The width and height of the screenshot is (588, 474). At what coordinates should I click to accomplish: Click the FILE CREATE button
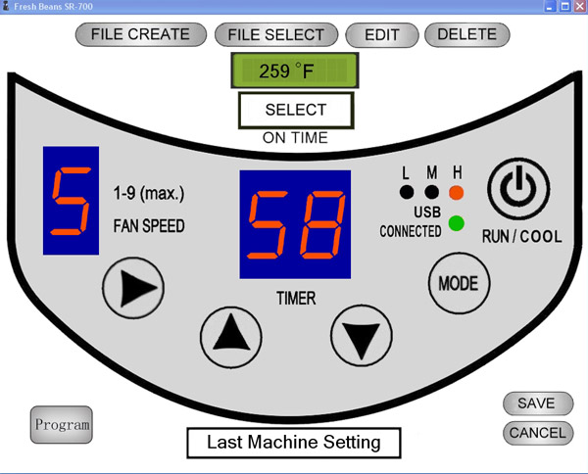pyautogui.click(x=140, y=34)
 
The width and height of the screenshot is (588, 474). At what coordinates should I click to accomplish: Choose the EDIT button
pyautogui.click(x=382, y=35)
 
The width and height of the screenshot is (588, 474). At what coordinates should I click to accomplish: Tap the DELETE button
pyautogui.click(x=466, y=34)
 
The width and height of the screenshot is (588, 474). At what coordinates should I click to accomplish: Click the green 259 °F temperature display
pyautogui.click(x=295, y=71)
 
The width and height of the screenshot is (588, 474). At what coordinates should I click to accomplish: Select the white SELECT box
pyautogui.click(x=296, y=110)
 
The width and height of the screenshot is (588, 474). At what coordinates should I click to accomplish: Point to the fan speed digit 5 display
pyautogui.click(x=71, y=201)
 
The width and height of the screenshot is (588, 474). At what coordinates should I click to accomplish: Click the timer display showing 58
pyautogui.click(x=295, y=224)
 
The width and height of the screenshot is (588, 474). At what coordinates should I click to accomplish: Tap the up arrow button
pyautogui.click(x=231, y=337)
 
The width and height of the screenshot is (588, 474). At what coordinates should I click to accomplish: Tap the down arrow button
pyautogui.click(x=362, y=335)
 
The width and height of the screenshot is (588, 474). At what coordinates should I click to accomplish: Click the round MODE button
pyautogui.click(x=459, y=283)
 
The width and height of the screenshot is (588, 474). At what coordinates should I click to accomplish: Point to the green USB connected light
pyautogui.click(x=457, y=223)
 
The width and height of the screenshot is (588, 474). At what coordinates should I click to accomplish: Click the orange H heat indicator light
pyautogui.click(x=457, y=193)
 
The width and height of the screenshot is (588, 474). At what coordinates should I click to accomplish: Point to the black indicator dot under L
pyautogui.click(x=407, y=192)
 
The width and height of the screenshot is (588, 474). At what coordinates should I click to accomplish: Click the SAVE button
pyautogui.click(x=538, y=403)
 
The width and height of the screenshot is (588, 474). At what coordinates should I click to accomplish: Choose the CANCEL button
pyautogui.click(x=538, y=433)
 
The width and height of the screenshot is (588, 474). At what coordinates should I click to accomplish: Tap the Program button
pyautogui.click(x=62, y=425)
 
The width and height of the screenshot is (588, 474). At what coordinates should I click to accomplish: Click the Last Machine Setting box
pyautogui.click(x=294, y=443)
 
